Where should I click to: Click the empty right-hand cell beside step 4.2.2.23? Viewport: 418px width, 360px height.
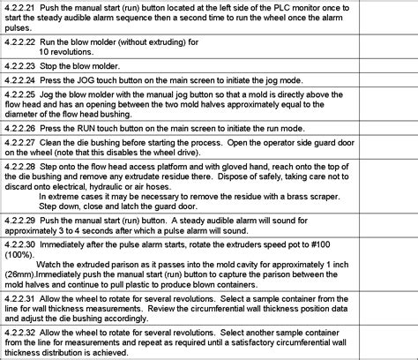point(387,65)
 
